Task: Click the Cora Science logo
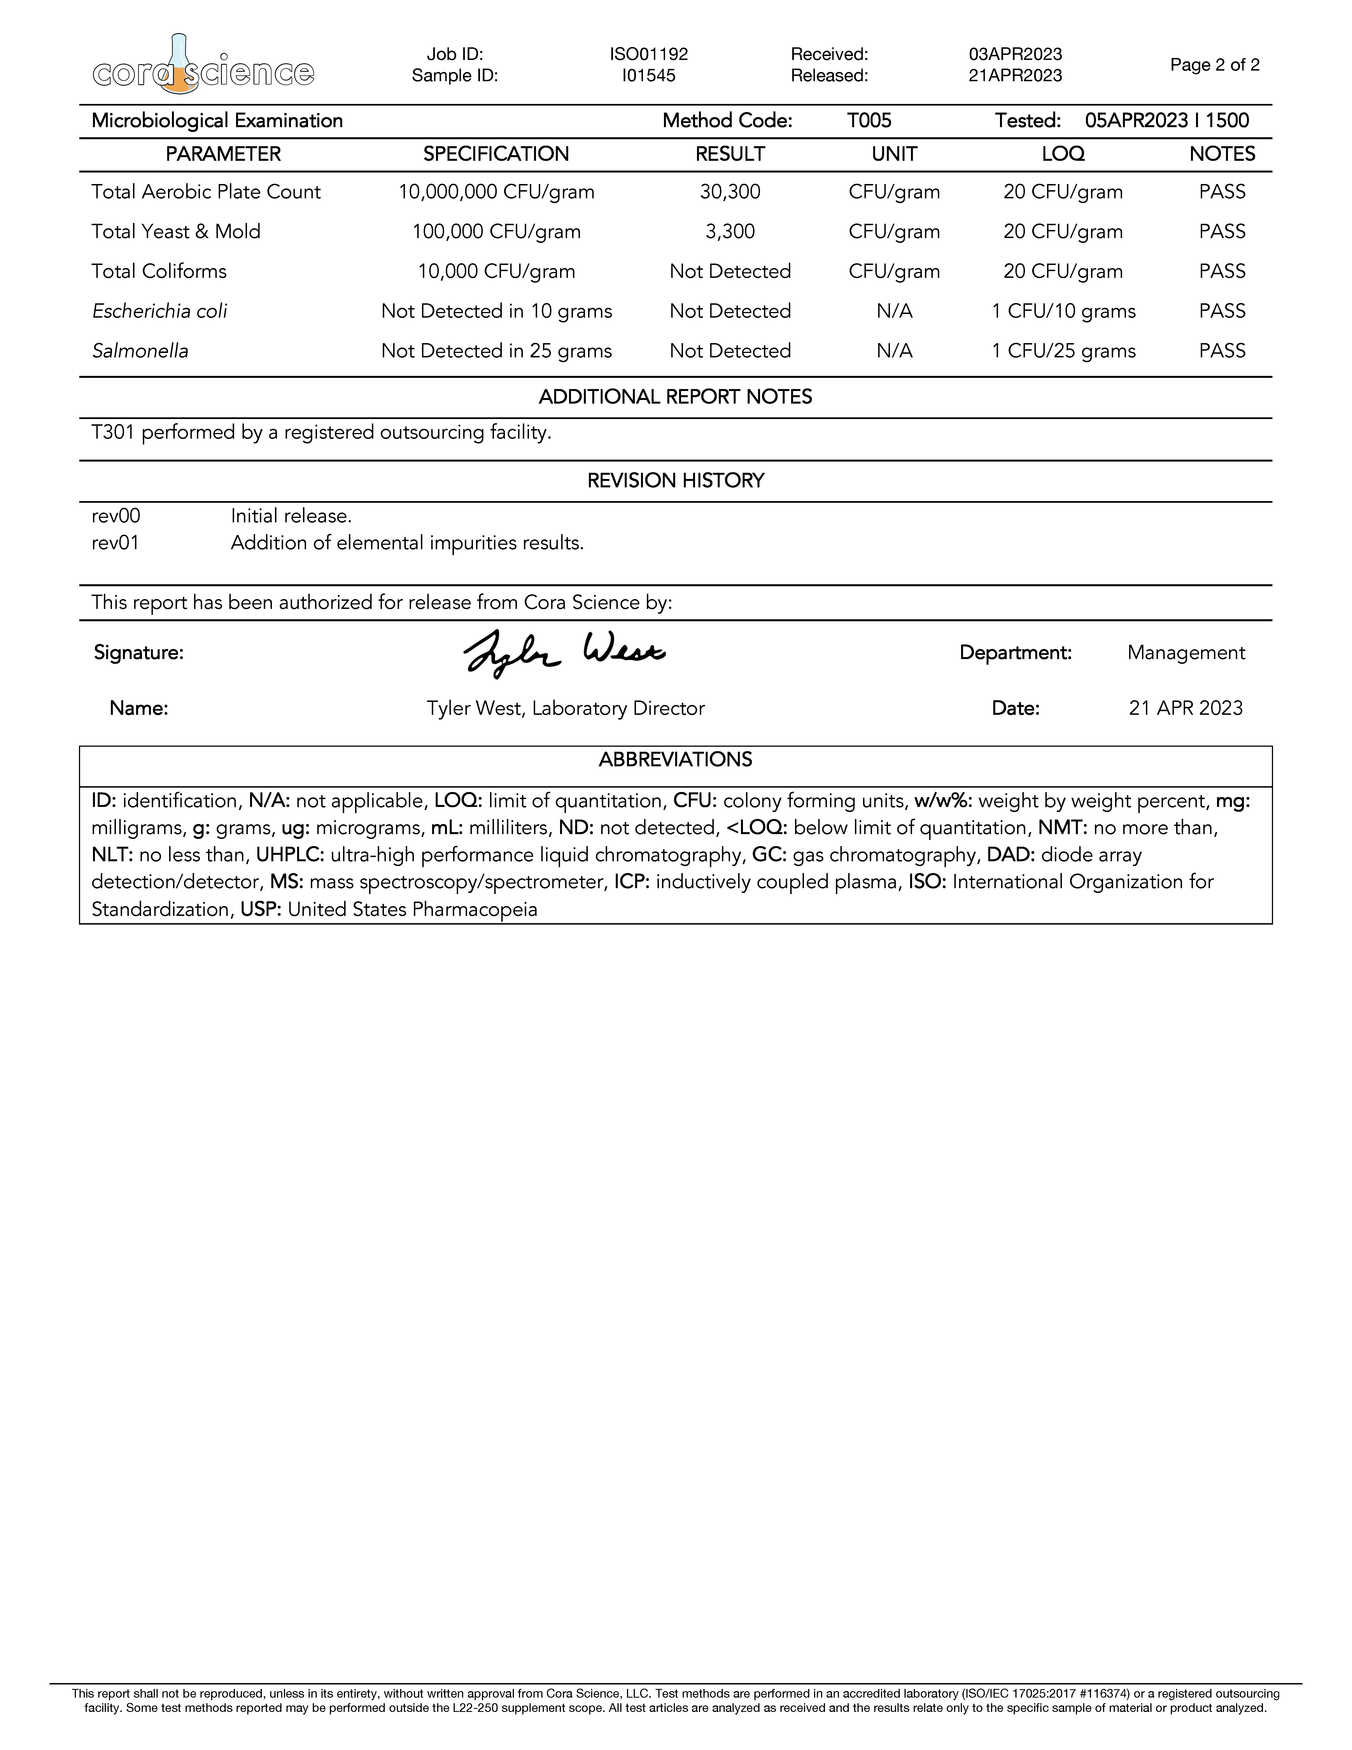click(203, 64)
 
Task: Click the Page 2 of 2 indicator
click(1214, 65)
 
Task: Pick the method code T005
click(869, 121)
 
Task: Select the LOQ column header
click(1063, 154)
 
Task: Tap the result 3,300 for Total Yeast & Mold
click(730, 232)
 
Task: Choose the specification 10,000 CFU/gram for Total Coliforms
click(496, 272)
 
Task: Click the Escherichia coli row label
click(159, 311)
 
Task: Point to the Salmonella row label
click(140, 351)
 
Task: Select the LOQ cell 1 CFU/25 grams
click(1063, 351)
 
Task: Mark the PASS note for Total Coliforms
click(1222, 272)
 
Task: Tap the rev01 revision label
click(115, 543)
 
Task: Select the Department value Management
click(1185, 653)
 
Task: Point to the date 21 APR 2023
click(1185, 708)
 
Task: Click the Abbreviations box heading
click(675, 760)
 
